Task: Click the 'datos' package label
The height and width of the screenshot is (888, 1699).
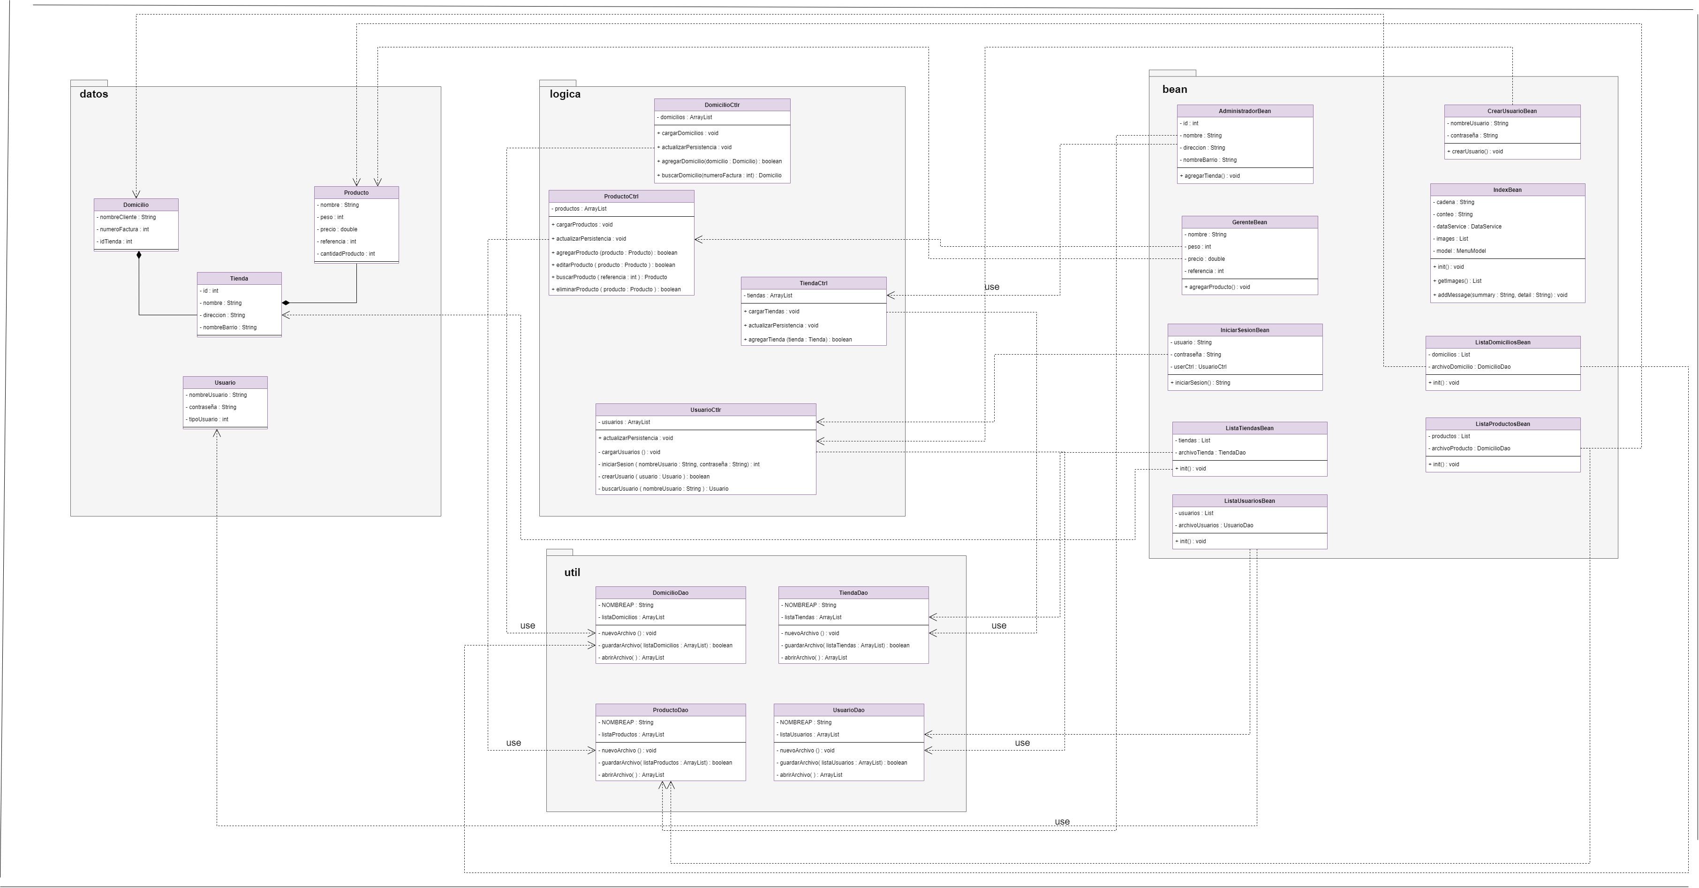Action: (94, 94)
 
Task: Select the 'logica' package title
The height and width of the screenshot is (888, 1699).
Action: (565, 94)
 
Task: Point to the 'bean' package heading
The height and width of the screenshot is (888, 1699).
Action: (1174, 90)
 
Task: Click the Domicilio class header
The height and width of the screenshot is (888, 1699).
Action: (136, 205)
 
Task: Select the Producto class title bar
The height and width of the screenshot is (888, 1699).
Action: (356, 193)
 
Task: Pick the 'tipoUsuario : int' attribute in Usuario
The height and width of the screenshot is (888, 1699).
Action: (208, 419)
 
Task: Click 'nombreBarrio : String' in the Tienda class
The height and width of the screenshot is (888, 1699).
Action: (229, 328)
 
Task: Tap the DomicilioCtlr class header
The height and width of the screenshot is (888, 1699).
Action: (722, 105)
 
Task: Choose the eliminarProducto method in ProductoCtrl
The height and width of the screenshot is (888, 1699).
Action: (618, 289)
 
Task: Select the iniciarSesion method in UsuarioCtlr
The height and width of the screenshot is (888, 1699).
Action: (680, 464)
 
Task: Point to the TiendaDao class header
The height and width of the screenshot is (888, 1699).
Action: (853, 593)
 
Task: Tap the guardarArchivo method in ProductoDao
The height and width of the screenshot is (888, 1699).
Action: (666, 763)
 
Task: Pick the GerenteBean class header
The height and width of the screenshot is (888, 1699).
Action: (1249, 222)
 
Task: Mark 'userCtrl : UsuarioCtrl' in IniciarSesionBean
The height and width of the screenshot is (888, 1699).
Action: (1200, 367)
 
